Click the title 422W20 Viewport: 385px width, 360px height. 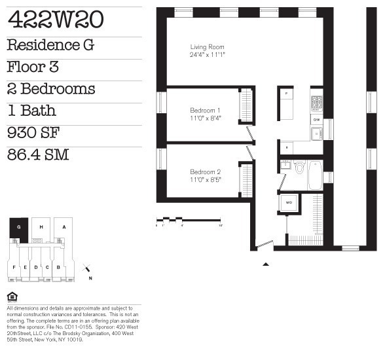click(x=55, y=21)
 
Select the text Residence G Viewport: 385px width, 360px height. click(x=50, y=45)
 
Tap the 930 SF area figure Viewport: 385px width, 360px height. click(x=33, y=134)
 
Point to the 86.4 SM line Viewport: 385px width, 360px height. click(x=39, y=156)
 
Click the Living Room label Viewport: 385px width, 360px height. click(x=207, y=47)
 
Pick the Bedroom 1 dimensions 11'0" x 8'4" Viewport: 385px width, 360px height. click(x=205, y=118)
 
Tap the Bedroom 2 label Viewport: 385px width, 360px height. click(x=205, y=171)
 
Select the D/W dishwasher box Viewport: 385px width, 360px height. click(x=316, y=120)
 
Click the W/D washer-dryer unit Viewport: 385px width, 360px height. click(x=289, y=203)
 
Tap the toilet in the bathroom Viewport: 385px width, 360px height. click(x=300, y=168)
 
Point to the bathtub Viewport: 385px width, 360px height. click(x=315, y=175)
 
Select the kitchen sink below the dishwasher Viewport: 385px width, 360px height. click(x=316, y=134)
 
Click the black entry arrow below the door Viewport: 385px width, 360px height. click(x=266, y=264)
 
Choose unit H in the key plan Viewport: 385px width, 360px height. click(x=41, y=228)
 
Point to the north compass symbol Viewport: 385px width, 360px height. click(x=87, y=270)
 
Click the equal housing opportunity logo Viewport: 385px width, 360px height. click(x=11, y=297)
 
